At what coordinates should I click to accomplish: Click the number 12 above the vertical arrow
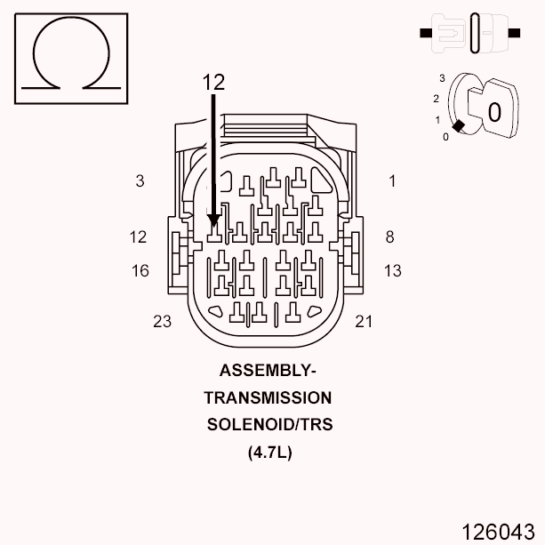pyautogui.click(x=213, y=82)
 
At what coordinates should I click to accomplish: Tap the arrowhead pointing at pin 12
pyautogui.click(x=213, y=220)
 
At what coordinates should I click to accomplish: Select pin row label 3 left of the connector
pyautogui.click(x=140, y=181)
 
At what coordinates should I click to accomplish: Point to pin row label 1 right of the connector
pyautogui.click(x=392, y=181)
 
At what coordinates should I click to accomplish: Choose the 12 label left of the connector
pyautogui.click(x=138, y=237)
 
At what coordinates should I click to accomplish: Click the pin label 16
pyautogui.click(x=140, y=271)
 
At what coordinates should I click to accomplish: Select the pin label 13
pyautogui.click(x=393, y=271)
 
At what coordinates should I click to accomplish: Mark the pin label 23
pyautogui.click(x=162, y=322)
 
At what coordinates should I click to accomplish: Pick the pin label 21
pyautogui.click(x=364, y=322)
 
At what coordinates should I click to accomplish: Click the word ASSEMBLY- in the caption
pyautogui.click(x=268, y=371)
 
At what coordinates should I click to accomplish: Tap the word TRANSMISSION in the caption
pyautogui.click(x=268, y=397)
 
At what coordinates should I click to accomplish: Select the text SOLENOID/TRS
pyautogui.click(x=269, y=424)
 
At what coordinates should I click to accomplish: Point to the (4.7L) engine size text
pyautogui.click(x=269, y=452)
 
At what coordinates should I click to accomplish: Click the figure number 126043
pyautogui.click(x=498, y=531)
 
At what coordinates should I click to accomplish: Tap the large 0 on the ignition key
pyautogui.click(x=494, y=111)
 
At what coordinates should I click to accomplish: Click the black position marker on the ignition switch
pyautogui.click(x=457, y=127)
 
